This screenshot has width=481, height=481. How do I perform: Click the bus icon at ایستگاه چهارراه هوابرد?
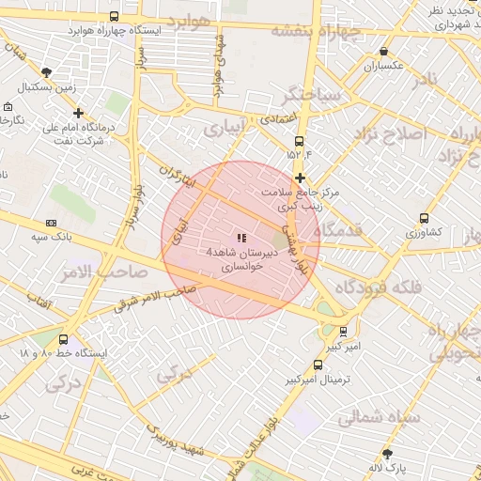[x=114, y=17]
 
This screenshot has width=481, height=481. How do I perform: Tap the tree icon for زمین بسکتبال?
[x=47, y=72]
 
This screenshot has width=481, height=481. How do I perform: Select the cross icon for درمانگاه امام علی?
[x=78, y=114]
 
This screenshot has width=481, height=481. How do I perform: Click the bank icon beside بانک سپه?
[x=51, y=223]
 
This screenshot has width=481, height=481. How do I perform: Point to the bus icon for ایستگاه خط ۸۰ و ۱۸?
[x=63, y=340]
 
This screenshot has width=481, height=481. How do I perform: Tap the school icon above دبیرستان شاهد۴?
[x=241, y=239]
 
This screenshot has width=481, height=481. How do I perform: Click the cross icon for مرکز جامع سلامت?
[x=300, y=178]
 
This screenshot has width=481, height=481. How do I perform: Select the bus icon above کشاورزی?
[x=424, y=218]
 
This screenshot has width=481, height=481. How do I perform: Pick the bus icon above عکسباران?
[x=383, y=52]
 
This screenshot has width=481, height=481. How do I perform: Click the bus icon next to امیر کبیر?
[x=343, y=331]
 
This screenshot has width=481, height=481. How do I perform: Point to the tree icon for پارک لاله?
[x=386, y=454]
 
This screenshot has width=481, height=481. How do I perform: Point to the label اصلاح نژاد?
[x=389, y=133]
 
